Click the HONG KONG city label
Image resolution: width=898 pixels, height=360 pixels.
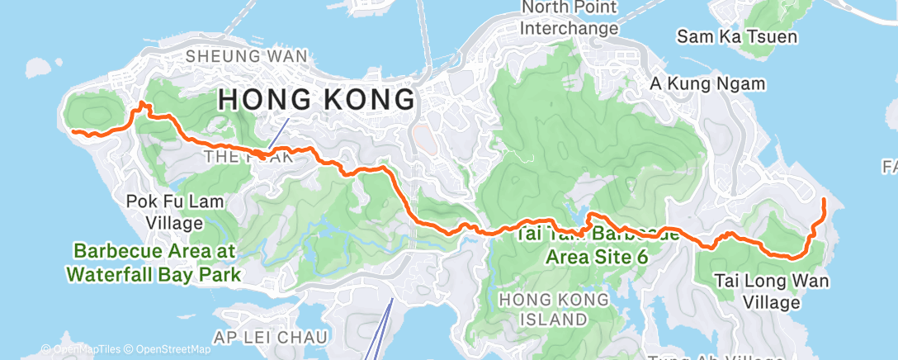click(x=316, y=100)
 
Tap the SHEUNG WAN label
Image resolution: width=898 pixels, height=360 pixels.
click(x=247, y=56)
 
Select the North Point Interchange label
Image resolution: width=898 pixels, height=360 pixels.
click(x=570, y=18)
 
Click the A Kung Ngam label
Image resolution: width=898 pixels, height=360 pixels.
click(x=707, y=83)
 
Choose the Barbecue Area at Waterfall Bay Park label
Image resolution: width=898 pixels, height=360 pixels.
click(x=156, y=262)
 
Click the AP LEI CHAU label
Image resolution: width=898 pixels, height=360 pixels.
click(x=271, y=336)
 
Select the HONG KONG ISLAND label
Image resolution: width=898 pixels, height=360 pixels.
click(x=560, y=308)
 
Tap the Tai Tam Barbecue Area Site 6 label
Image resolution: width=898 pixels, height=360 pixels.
click(x=596, y=244)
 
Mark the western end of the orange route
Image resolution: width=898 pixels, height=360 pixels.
click(x=73, y=131)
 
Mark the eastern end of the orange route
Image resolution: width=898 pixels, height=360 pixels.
click(x=825, y=200)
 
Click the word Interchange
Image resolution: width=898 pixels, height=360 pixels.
click(x=570, y=28)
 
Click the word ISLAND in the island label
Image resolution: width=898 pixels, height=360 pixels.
click(x=560, y=318)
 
